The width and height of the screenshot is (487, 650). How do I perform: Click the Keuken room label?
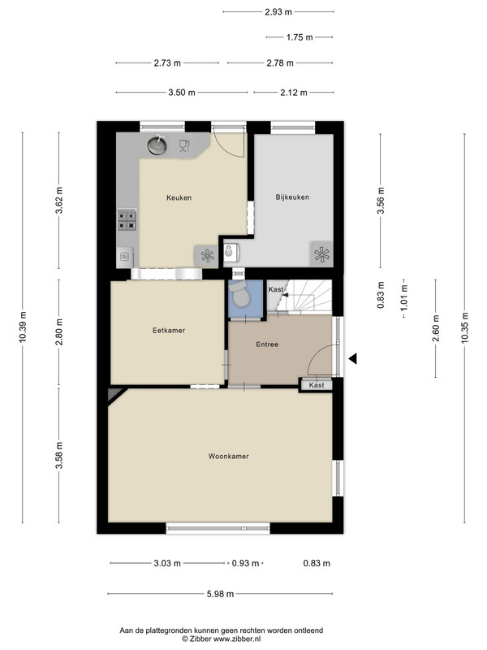[179, 197]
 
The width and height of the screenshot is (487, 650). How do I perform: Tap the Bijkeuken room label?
[292, 197]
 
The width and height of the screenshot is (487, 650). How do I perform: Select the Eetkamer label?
[169, 331]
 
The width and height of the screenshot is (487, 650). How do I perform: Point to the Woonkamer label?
[229, 456]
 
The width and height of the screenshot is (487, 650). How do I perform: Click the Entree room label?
[267, 344]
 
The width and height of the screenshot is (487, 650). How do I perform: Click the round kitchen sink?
[157, 145]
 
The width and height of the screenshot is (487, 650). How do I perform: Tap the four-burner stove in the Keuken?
[127, 219]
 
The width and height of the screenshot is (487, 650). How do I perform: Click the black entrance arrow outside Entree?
[352, 359]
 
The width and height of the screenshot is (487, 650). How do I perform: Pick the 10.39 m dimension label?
[23, 327]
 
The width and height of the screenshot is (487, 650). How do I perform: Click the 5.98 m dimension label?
[220, 594]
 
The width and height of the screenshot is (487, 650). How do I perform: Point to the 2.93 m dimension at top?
[278, 12]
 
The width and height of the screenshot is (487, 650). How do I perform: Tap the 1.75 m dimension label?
[300, 37]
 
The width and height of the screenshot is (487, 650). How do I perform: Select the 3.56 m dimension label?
[381, 200]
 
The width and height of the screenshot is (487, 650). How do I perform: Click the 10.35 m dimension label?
[464, 327]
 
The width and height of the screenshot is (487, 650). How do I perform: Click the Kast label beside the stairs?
[276, 289]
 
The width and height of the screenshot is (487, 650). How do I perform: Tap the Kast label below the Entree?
[317, 385]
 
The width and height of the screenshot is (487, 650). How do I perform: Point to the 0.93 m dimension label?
[245, 563]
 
